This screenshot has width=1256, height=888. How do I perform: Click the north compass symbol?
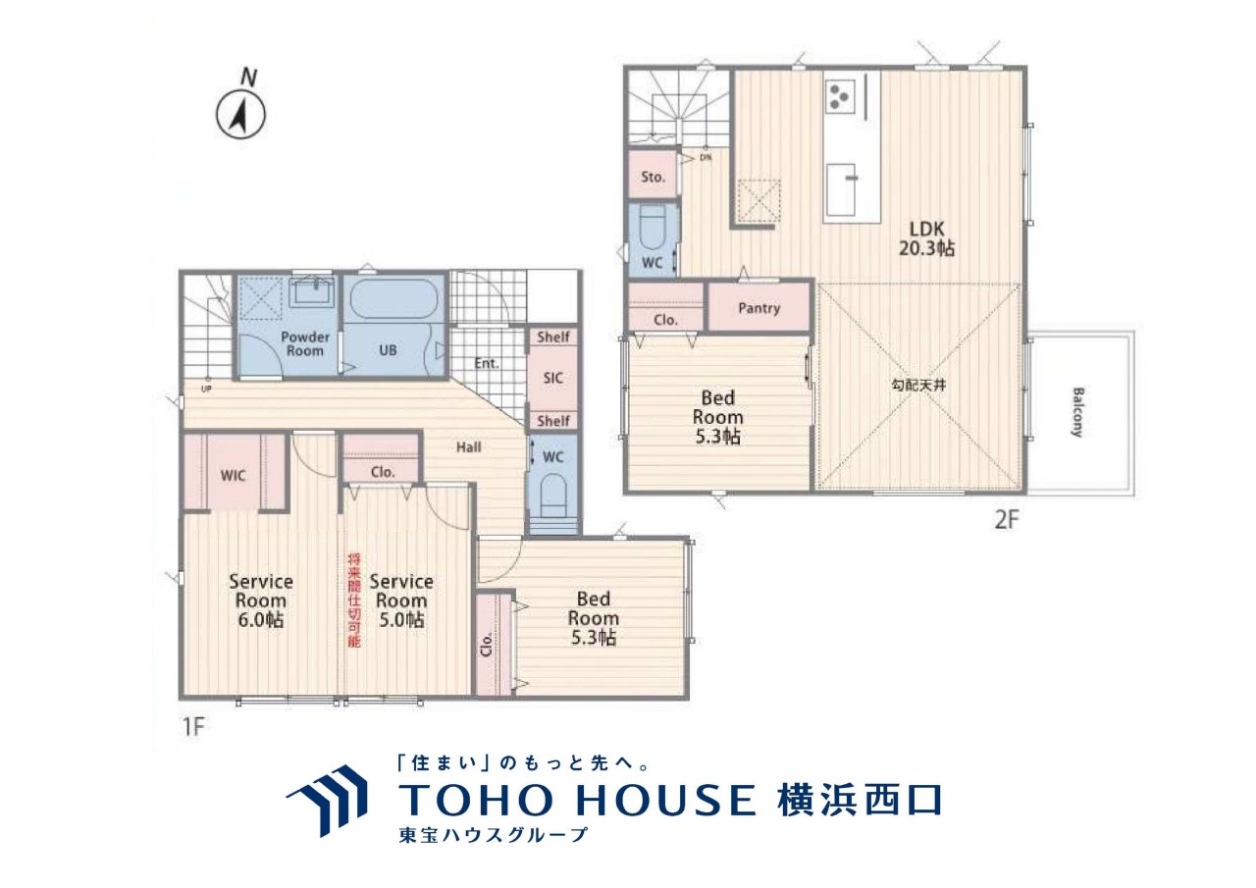pyautogui.click(x=240, y=116)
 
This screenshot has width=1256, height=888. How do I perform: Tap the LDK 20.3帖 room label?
pyautogui.click(x=926, y=238)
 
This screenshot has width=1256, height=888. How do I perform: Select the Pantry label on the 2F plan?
pyautogui.click(x=759, y=308)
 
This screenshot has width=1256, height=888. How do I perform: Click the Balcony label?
pyautogui.click(x=1077, y=412)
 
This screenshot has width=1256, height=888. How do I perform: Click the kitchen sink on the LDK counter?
pyautogui.click(x=841, y=190)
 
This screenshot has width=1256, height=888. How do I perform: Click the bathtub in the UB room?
pyautogui.click(x=393, y=300)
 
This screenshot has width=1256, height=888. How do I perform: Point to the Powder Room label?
pyautogui.click(x=305, y=343)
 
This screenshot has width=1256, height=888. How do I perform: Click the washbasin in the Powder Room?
pyautogui.click(x=312, y=292)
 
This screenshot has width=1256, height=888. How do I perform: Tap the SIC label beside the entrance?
pyautogui.click(x=552, y=378)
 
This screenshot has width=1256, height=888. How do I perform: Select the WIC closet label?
pyautogui.click(x=233, y=476)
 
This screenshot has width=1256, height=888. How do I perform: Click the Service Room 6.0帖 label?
pyautogui.click(x=261, y=601)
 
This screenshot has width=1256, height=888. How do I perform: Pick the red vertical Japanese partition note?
pyautogui.click(x=354, y=601)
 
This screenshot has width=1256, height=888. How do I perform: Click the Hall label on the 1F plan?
pyautogui.click(x=468, y=446)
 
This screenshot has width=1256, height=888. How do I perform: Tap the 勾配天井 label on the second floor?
pyautogui.click(x=917, y=386)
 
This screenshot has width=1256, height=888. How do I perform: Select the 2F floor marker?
pyautogui.click(x=1007, y=521)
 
